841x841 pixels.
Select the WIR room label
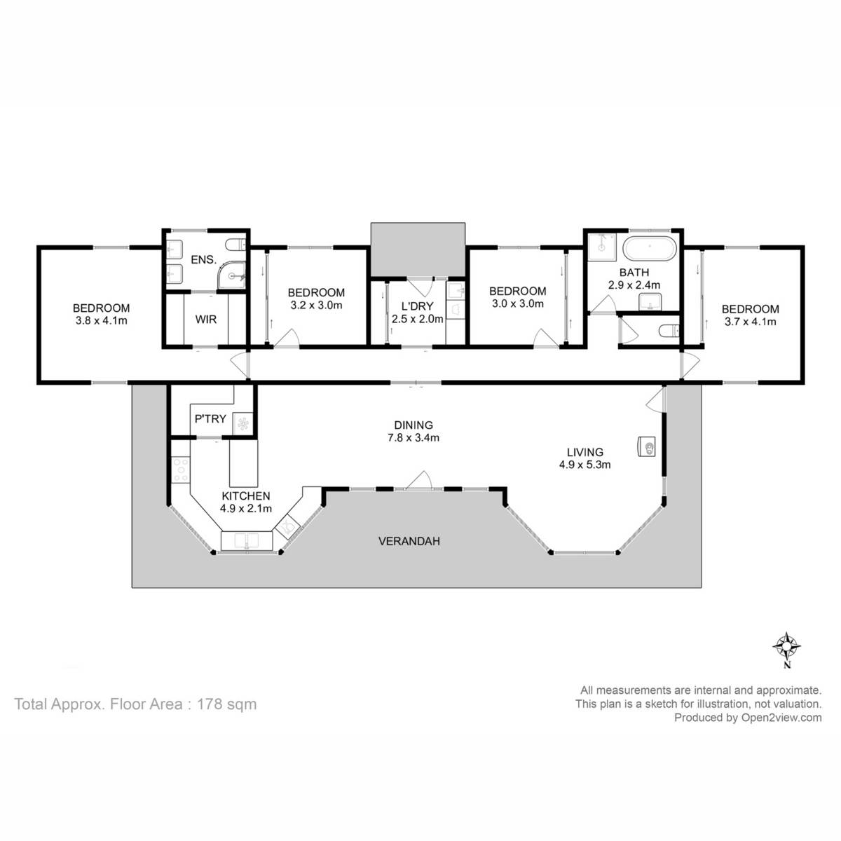pos(206,320)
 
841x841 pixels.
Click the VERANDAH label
pos(409,541)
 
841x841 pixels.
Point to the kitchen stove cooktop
pos(181,469)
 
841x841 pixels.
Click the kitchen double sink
pos(248,541)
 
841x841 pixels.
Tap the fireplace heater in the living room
pos(647,446)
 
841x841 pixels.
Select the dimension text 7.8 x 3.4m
pos(413,438)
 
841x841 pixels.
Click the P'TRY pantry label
pos(210,419)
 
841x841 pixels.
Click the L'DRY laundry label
pos(418,306)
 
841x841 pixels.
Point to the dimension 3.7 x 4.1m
pos(750,322)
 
